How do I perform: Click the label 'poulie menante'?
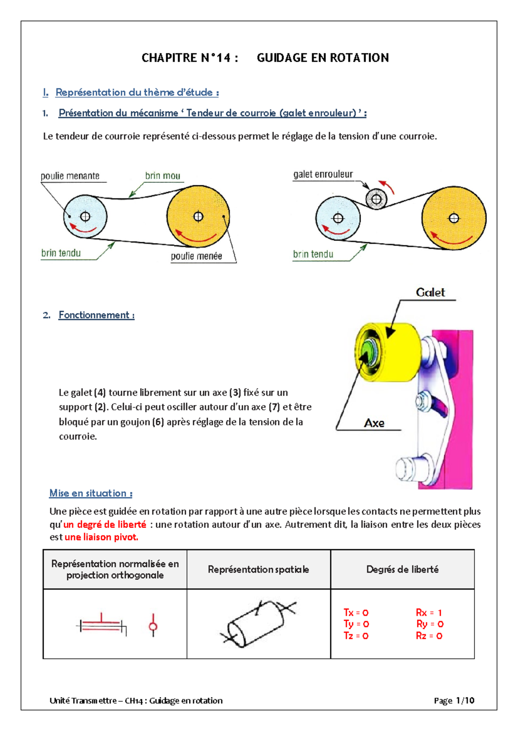click(x=70, y=176)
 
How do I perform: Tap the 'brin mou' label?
click(x=162, y=176)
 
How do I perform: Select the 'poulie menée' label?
click(x=196, y=256)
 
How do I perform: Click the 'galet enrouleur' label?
click(x=323, y=174)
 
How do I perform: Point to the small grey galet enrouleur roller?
click(x=376, y=199)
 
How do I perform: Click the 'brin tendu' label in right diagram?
click(x=313, y=254)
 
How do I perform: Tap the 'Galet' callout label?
click(x=430, y=293)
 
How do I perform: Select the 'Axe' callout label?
click(x=374, y=423)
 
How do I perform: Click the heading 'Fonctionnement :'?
click(x=96, y=315)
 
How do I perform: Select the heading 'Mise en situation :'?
click(x=91, y=493)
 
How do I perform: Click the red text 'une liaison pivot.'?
click(x=101, y=537)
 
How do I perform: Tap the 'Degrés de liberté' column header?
click(x=402, y=569)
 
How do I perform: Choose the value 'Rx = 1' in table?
click(x=429, y=612)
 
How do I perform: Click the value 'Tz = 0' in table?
click(x=356, y=636)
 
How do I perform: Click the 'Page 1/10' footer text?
click(x=454, y=700)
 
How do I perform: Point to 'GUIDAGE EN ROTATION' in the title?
click(x=322, y=58)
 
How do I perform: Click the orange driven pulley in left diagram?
click(x=198, y=216)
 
